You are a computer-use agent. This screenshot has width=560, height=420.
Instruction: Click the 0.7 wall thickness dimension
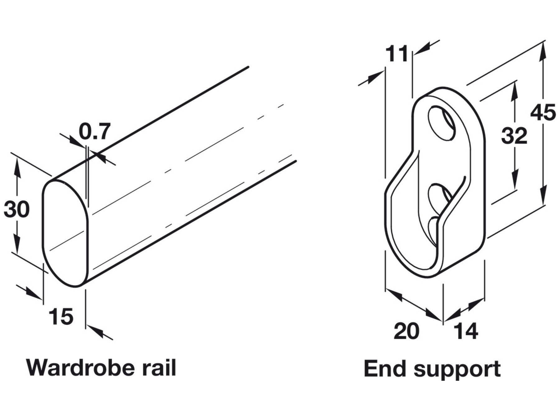click(x=95, y=131)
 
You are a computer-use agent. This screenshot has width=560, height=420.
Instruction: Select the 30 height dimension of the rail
click(x=16, y=209)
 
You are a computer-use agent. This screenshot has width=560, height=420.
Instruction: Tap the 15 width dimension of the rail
click(x=61, y=317)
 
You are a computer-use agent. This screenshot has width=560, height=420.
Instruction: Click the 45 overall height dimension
click(x=543, y=113)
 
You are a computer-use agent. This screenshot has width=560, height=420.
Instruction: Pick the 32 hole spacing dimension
click(x=514, y=136)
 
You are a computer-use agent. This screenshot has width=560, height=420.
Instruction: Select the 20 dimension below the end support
click(x=406, y=331)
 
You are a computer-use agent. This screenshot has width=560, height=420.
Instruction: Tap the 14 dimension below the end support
click(x=466, y=331)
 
